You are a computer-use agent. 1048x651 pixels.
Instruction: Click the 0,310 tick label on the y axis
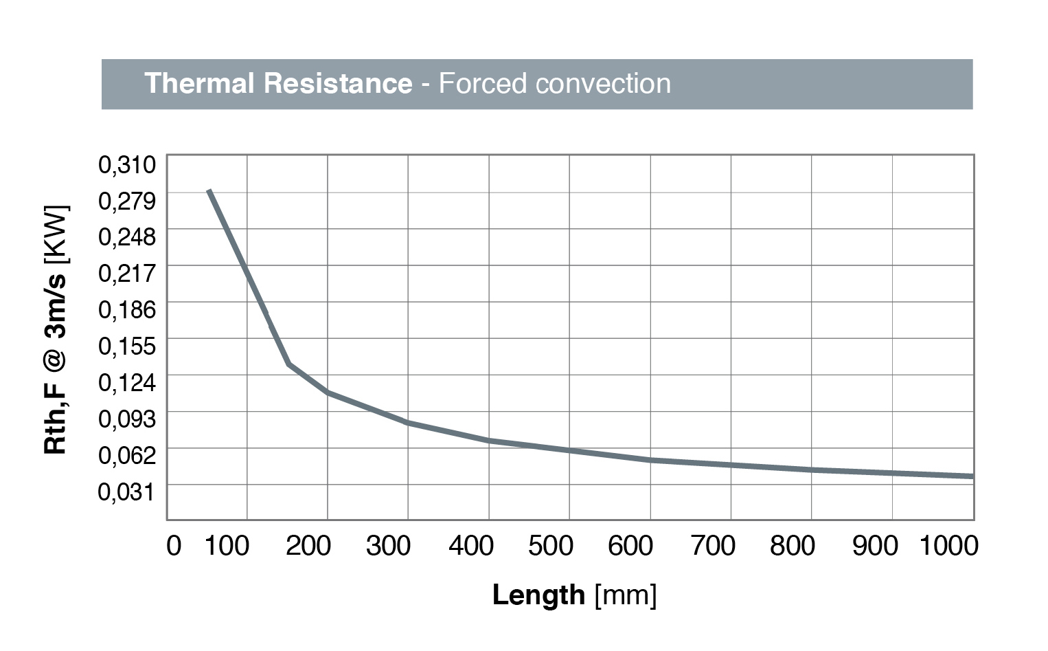[127, 164]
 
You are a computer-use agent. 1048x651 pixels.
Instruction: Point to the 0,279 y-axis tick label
[127, 201]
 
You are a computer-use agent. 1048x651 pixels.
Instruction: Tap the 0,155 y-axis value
[127, 346]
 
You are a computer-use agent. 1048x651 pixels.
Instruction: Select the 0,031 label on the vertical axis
[127, 492]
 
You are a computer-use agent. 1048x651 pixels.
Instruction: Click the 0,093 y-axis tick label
[127, 419]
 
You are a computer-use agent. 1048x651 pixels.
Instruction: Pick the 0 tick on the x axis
[174, 546]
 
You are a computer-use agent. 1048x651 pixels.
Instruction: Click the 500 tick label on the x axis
[550, 546]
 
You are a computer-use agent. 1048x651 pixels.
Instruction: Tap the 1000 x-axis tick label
[948, 546]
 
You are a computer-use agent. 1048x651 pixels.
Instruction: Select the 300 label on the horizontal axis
[389, 546]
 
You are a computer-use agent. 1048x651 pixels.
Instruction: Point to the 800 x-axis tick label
[792, 546]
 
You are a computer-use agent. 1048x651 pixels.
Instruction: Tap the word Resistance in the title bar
[337, 83]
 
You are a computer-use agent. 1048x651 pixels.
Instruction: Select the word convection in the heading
[603, 83]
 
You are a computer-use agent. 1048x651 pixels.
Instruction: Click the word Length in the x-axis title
[538, 595]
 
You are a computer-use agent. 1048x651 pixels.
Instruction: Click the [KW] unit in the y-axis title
[56, 234]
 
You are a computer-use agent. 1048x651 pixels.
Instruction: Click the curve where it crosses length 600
[650, 459]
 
